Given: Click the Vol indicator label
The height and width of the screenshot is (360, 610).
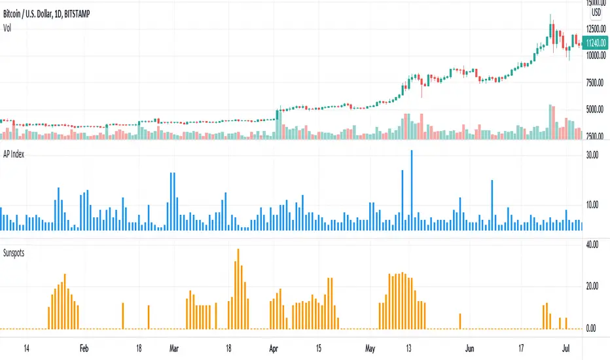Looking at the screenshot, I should point(9,27).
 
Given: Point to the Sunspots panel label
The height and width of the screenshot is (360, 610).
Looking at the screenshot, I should point(18,251).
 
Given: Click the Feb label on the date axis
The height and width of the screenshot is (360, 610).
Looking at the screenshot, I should point(83,348).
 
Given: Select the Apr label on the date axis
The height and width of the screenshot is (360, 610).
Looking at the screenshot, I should point(274,348).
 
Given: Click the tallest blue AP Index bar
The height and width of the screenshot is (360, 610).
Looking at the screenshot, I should point(412,190).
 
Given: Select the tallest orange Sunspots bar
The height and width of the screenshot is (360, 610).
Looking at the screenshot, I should point(238,288).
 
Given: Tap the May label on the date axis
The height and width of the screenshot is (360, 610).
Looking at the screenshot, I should point(371,348).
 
